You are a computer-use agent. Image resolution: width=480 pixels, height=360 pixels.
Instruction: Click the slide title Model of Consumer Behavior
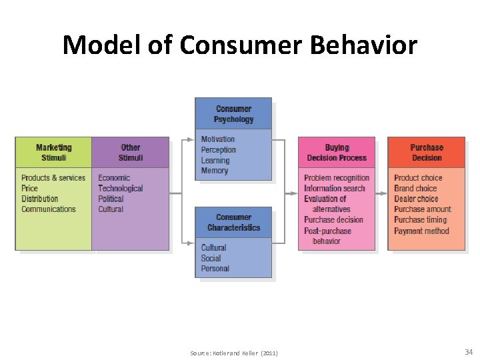(x=240, y=45)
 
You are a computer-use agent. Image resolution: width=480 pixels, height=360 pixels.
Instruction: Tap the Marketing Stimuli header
(x=53, y=152)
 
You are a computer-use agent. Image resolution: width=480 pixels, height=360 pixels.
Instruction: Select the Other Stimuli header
(x=131, y=152)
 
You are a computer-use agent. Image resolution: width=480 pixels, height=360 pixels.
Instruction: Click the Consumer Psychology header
(x=233, y=114)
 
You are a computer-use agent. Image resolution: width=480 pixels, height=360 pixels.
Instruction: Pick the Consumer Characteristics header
(x=233, y=222)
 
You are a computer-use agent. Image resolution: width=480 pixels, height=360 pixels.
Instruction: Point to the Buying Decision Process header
(x=337, y=152)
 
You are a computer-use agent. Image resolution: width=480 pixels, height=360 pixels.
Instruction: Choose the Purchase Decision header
(x=427, y=152)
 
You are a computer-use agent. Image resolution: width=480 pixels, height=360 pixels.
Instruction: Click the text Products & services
(x=53, y=178)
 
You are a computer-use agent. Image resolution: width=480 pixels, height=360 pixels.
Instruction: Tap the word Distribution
(x=39, y=199)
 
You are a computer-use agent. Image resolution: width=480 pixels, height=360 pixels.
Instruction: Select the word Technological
(x=121, y=189)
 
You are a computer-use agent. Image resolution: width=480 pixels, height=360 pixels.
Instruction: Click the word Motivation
(x=218, y=139)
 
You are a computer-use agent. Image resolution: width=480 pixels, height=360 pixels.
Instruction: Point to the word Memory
(x=215, y=171)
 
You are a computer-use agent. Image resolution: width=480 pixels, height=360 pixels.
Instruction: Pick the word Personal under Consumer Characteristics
(x=215, y=269)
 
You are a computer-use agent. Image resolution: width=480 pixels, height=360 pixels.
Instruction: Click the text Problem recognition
(x=337, y=178)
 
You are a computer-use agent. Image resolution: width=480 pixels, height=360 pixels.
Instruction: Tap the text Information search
(x=335, y=189)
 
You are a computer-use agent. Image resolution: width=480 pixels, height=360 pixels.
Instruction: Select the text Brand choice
(x=415, y=189)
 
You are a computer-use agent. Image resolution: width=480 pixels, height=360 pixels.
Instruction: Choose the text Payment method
(x=421, y=231)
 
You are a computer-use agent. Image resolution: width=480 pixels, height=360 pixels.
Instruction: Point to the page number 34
(x=468, y=351)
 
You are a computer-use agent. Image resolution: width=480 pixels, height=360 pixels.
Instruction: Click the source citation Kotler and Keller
(x=234, y=353)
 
